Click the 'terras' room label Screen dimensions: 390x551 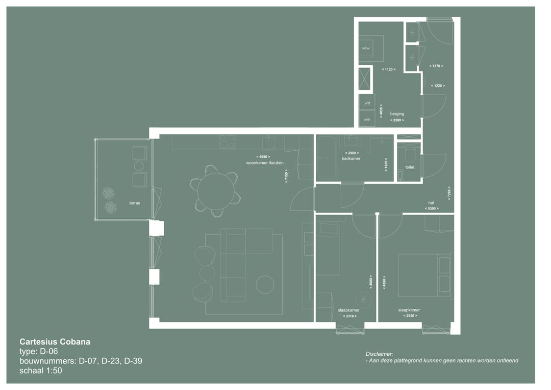(135, 203)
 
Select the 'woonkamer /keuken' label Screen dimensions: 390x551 (264, 163)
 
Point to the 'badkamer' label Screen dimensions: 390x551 (351, 159)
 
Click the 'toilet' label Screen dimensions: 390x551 (410, 167)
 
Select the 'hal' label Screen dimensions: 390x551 (431, 202)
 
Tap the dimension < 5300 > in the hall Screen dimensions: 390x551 (432, 209)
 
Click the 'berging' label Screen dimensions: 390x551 (397, 114)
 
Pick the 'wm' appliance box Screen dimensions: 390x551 (366, 120)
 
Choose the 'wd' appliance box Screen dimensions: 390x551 (366, 103)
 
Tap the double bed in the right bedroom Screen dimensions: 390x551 (425, 274)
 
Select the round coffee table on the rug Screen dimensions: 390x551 (265, 284)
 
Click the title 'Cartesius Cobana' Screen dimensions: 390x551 (55, 342)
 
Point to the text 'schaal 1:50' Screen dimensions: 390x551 (40, 371)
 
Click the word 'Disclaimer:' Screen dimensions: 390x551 (379, 354)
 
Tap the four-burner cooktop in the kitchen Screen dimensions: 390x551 (227, 142)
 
